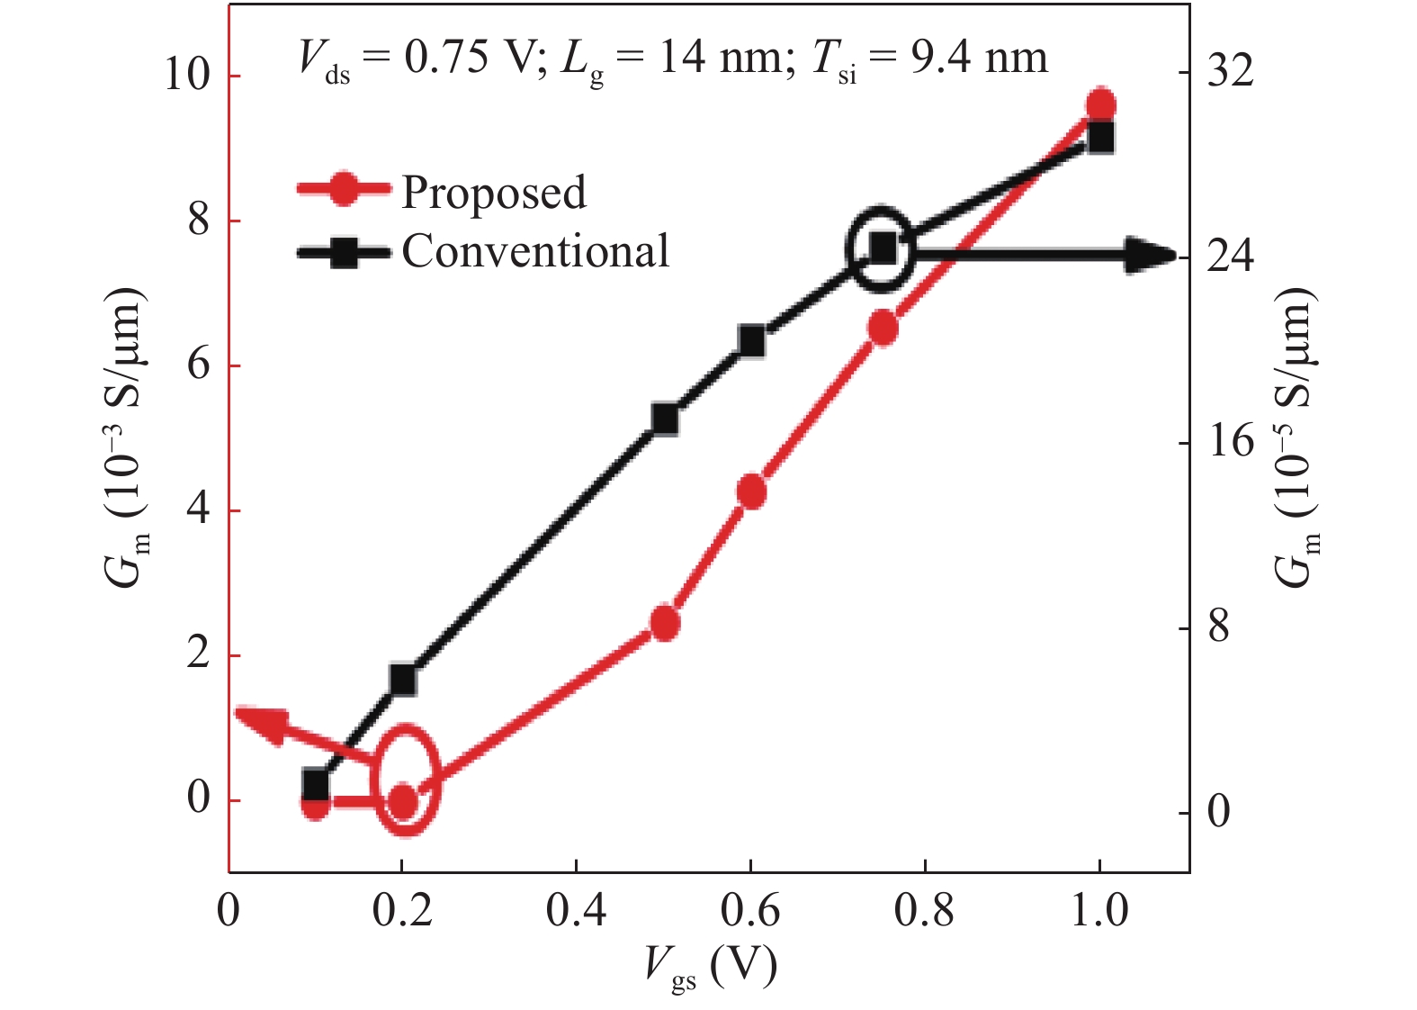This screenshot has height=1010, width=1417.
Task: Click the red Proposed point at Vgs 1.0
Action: click(1100, 105)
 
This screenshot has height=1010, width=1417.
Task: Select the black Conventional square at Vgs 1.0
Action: click(1100, 138)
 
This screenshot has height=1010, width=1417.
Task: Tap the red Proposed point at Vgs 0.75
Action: click(883, 329)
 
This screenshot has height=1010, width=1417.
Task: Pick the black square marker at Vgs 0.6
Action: click(751, 341)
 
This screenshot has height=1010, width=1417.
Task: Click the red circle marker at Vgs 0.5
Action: click(665, 623)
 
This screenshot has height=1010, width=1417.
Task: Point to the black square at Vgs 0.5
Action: click(665, 419)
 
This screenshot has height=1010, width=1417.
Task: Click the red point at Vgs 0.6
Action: click(751, 492)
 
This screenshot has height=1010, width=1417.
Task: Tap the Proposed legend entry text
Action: click(493, 192)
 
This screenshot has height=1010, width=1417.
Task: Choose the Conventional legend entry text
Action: click(535, 251)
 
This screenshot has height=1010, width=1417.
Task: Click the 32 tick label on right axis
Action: click(1229, 70)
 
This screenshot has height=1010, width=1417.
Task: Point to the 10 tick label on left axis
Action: click(186, 75)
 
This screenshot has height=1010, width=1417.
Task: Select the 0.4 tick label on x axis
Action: click(576, 911)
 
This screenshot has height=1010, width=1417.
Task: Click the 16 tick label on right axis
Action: click(1229, 441)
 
